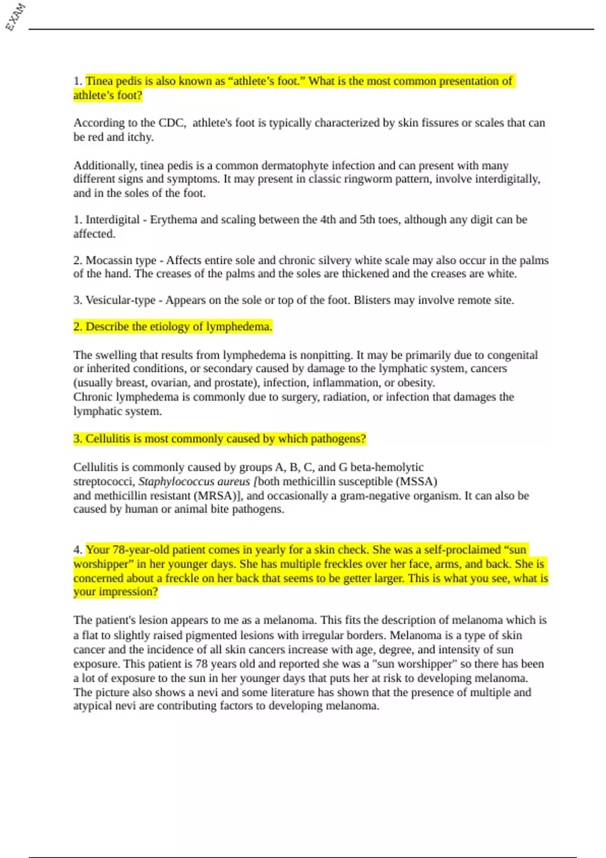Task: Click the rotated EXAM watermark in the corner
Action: [x=15, y=17]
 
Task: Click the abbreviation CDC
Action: [x=172, y=123]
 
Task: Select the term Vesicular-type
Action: [x=120, y=300]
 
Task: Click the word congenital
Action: [x=513, y=355]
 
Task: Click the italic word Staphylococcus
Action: [x=176, y=481]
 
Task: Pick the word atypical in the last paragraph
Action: [x=91, y=706]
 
